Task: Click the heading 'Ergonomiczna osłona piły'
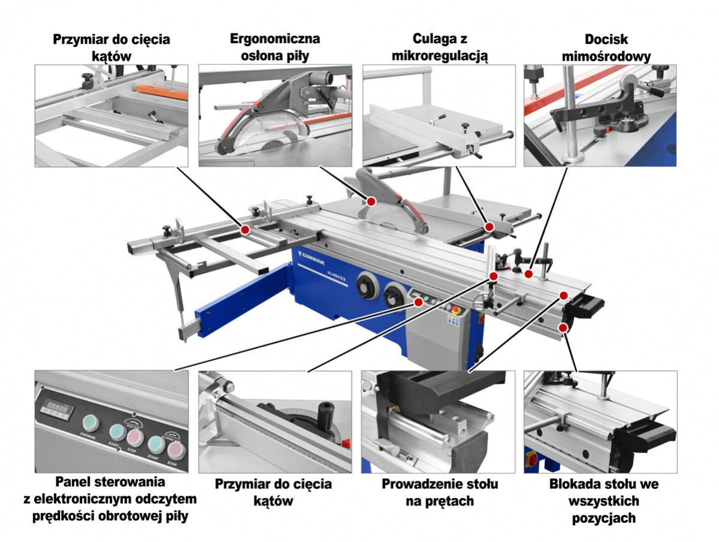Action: point(275,47)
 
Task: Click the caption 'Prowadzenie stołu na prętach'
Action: point(439,492)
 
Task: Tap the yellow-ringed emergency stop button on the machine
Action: point(454,310)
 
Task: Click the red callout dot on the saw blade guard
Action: point(371,200)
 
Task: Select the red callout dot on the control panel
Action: point(418,302)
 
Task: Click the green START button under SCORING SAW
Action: point(156,444)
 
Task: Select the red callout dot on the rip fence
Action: point(490,227)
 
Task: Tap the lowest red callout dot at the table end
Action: point(563,327)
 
